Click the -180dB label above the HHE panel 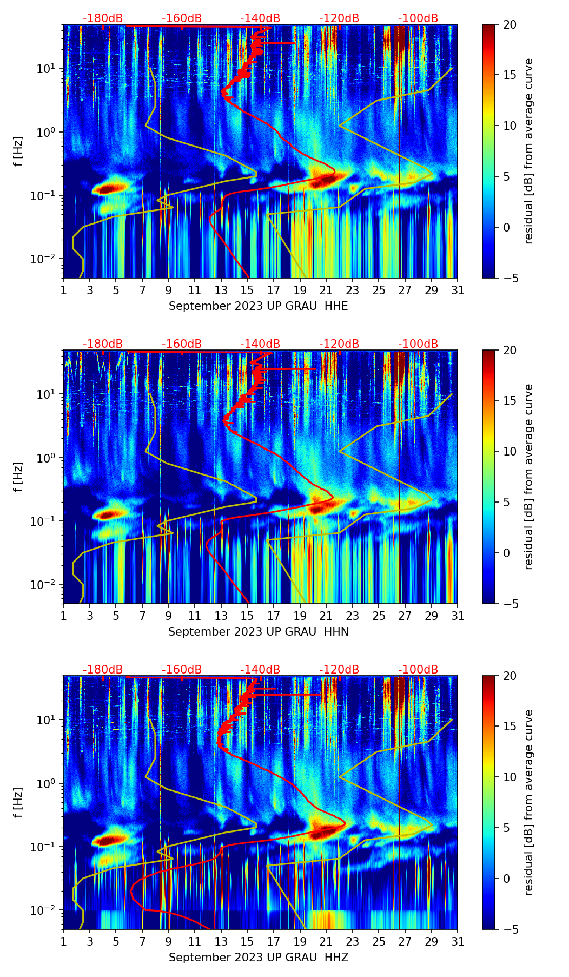click(x=103, y=18)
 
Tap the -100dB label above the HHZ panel click(x=418, y=670)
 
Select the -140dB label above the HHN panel click(x=260, y=344)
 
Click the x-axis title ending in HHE click(x=258, y=306)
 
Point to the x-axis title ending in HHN click(x=258, y=632)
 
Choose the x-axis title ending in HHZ click(x=258, y=958)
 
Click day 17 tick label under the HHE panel click(x=274, y=291)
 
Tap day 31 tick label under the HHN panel click(x=458, y=616)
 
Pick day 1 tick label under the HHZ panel click(x=63, y=942)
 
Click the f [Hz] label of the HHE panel click(x=18, y=151)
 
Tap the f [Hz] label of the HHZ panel click(x=18, y=803)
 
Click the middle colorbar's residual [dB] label click(x=529, y=477)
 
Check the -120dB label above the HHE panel click(x=339, y=18)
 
